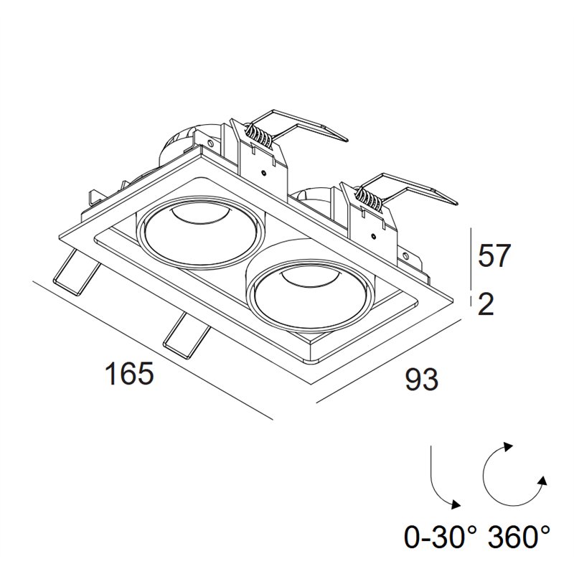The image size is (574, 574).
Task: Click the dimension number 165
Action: (129, 373)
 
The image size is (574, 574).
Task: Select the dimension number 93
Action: (422, 379)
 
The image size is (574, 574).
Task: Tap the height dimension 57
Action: (494, 256)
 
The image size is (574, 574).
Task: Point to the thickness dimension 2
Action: (486, 303)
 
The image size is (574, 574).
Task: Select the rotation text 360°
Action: (519, 536)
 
